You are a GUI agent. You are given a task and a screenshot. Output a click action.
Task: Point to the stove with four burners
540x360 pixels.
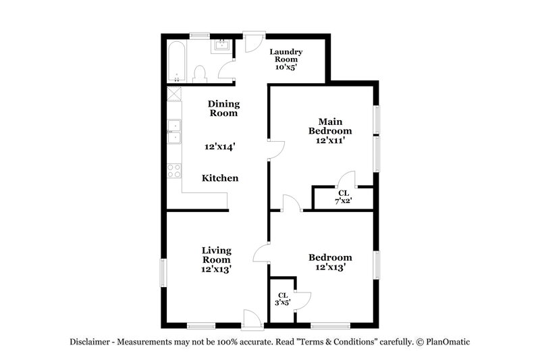pos(174,170)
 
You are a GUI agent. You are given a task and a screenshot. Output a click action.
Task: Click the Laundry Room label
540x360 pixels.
pos(286,59)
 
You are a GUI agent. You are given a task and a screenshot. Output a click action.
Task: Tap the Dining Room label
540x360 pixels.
pos(223,108)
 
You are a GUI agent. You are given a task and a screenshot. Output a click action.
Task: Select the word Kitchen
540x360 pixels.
pos(220,178)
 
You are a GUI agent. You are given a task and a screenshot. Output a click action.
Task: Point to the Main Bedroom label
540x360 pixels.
pos(330,126)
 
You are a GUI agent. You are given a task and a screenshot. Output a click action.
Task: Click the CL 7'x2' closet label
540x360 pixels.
pos(344,197)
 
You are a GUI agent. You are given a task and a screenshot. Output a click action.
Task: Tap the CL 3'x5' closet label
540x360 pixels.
pos(283,299)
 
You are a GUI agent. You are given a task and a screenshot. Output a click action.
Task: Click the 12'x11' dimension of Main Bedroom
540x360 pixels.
pos(330,141)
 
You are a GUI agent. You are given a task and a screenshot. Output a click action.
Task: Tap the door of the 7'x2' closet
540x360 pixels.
pos(347,179)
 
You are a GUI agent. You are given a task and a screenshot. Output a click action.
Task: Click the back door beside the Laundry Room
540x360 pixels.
pos(252,42)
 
